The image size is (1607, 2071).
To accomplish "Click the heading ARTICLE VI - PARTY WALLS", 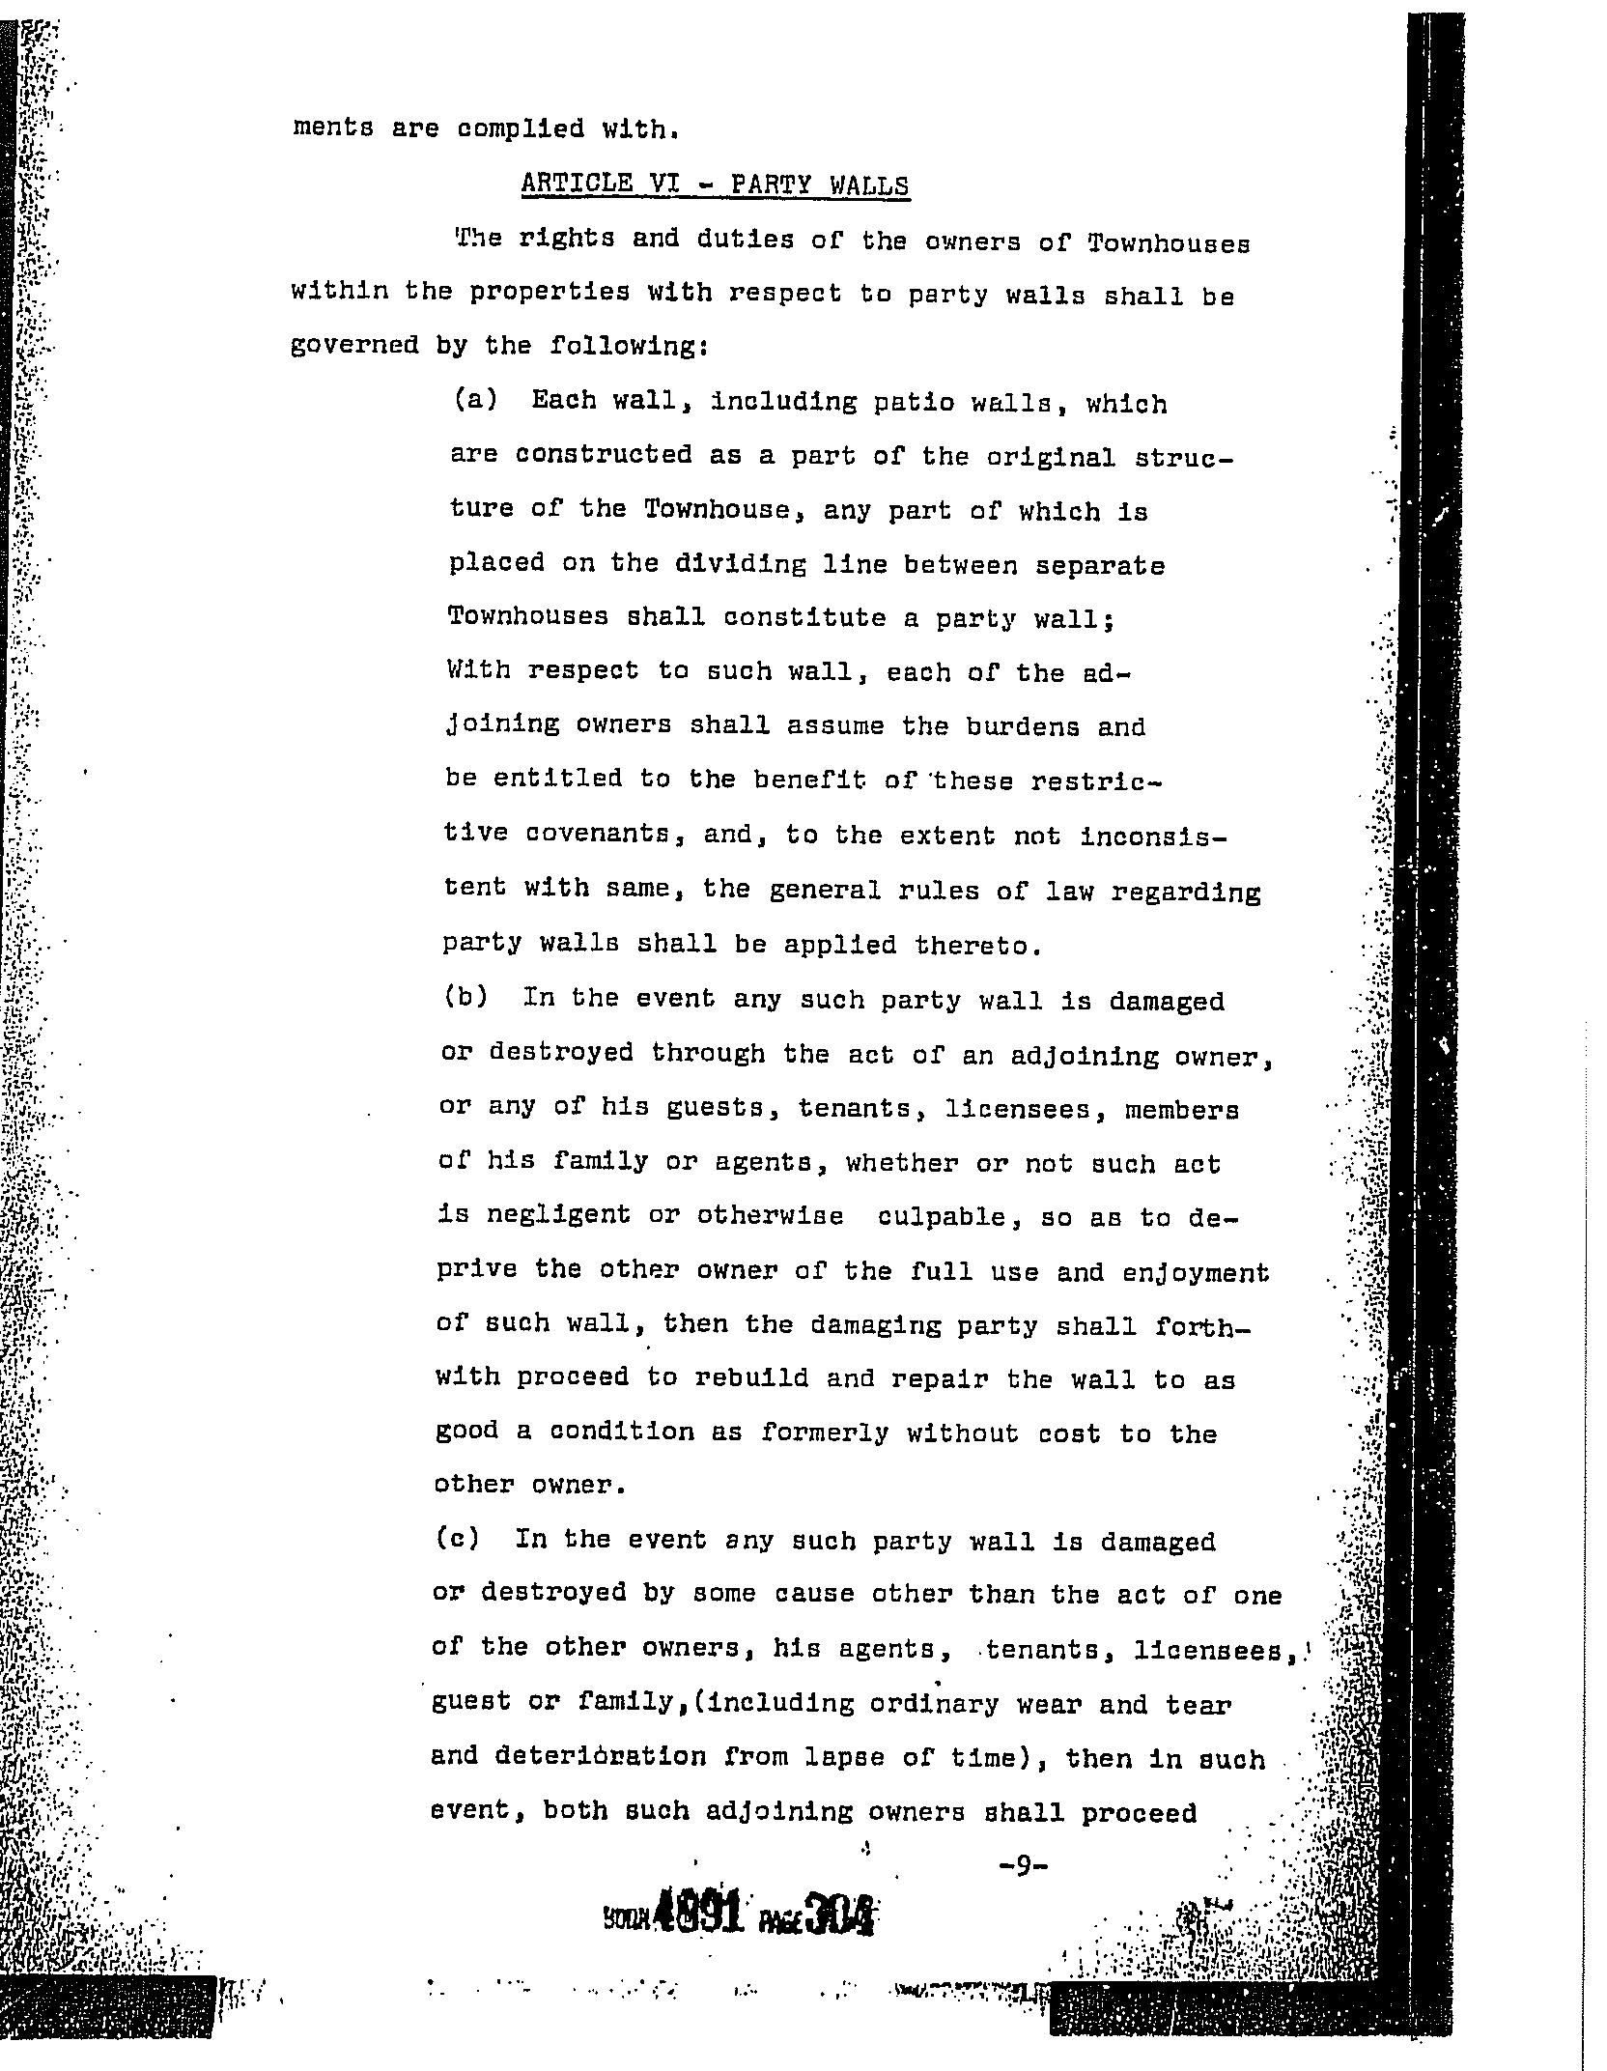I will coord(715,184).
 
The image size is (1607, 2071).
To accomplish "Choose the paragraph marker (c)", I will coord(457,1539).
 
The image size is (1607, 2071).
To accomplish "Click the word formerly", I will coord(824,1433).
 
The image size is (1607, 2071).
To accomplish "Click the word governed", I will coord(353,346).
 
